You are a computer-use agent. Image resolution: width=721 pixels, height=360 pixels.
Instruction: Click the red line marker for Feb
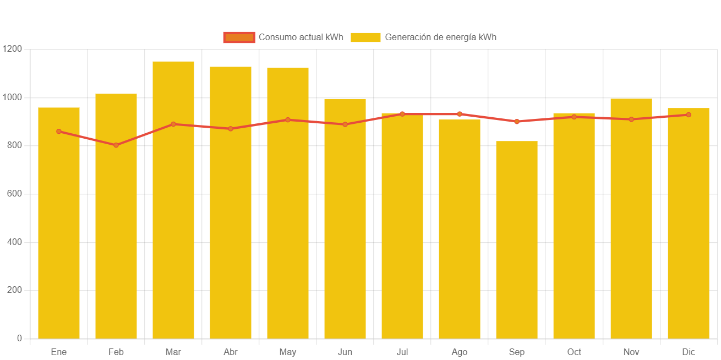[116, 145]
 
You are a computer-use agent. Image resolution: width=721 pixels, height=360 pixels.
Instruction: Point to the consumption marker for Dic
[689, 114]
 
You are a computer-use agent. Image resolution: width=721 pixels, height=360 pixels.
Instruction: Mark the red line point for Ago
[460, 114]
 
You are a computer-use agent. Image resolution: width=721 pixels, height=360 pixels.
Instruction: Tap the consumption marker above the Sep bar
[517, 121]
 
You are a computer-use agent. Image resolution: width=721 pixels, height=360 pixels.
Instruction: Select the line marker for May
[288, 119]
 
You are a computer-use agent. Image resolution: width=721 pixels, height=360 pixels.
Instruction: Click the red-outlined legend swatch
[239, 37]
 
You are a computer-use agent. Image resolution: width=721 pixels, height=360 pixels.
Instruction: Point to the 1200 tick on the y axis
[12, 49]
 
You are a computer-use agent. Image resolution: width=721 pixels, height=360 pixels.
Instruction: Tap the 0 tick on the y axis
[19, 338]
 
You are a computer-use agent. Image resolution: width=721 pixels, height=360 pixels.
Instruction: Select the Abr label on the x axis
[231, 352]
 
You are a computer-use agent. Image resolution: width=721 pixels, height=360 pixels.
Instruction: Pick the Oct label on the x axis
[574, 352]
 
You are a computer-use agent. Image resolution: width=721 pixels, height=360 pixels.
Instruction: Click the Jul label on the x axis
[402, 352]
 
